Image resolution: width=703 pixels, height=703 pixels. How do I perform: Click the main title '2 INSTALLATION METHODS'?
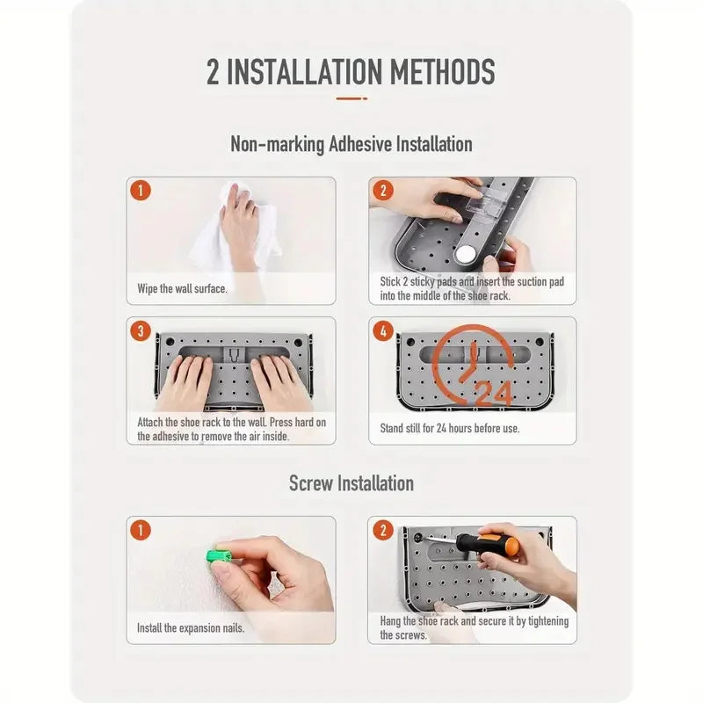351,72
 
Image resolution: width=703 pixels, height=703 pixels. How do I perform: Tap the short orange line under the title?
351,98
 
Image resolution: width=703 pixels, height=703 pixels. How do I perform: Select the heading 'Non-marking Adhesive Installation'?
351,144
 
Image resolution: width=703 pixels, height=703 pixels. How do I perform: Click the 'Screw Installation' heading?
351,483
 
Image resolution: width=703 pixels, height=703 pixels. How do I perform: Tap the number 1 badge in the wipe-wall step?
141,191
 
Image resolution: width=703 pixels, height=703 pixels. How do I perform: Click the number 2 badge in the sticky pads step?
383,191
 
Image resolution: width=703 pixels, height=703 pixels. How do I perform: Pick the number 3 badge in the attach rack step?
141,331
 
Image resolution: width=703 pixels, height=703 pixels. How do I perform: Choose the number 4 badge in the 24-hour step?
383,331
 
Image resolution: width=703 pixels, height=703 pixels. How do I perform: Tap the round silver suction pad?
466,254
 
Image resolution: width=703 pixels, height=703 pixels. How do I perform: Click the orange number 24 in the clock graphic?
495,392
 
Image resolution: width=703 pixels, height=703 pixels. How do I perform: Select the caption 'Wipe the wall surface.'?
182,289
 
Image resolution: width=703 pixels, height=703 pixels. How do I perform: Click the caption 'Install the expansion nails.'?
191,628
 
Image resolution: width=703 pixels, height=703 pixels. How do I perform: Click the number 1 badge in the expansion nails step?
141,530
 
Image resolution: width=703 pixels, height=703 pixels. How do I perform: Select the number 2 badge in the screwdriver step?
383,530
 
